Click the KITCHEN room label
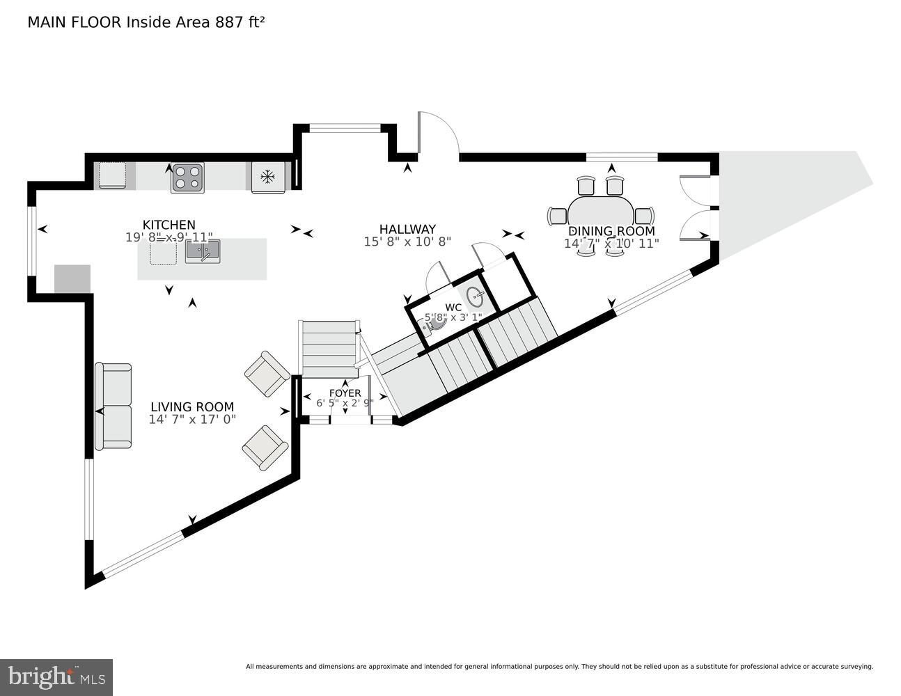169,225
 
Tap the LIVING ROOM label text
192,407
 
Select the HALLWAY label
407,229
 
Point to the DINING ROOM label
611,231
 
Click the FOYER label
345,393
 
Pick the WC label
453,307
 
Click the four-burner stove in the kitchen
188,177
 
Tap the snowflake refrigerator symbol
267,177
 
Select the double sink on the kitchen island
203,251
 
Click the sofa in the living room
113,406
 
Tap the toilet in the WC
437,323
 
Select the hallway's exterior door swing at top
437,134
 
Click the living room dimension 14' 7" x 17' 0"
192,420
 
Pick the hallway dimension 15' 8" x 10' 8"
407,242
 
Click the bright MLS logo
56,677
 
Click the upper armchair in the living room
267,374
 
